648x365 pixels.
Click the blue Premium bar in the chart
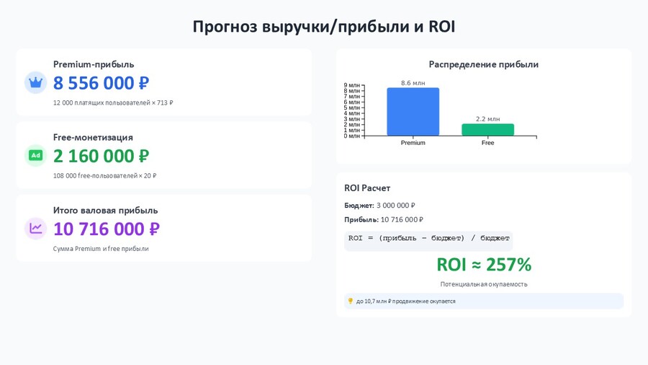tap(413, 112)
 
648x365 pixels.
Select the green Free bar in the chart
tap(487, 130)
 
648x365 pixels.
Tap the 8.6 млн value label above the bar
tap(413, 83)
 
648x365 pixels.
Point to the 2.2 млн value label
tap(487, 119)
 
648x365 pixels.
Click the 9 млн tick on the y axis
tap(351, 85)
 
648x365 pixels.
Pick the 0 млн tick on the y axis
tap(351, 136)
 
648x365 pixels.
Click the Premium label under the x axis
tap(413, 143)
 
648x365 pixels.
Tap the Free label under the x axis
tap(487, 143)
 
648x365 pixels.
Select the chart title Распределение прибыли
tap(484, 64)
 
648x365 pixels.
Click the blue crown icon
tap(35, 82)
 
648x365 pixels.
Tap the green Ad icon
tap(35, 156)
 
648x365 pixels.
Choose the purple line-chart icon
tap(35, 229)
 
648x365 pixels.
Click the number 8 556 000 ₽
tap(101, 83)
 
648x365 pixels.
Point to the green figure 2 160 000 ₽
tap(101, 156)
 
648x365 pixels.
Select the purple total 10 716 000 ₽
tap(107, 229)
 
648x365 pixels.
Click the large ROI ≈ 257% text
tap(484, 265)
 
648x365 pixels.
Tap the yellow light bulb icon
tap(351, 301)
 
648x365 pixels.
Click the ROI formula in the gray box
tap(428, 238)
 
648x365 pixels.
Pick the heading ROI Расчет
tap(367, 188)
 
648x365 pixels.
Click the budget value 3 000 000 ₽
tap(395, 206)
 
